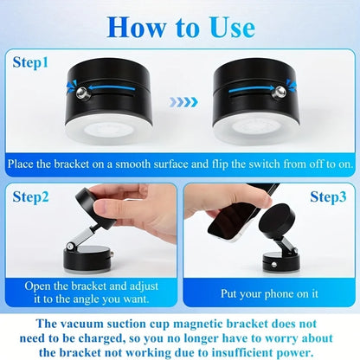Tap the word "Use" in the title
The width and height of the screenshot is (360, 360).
click(x=230, y=27)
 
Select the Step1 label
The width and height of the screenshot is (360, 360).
click(x=36, y=63)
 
